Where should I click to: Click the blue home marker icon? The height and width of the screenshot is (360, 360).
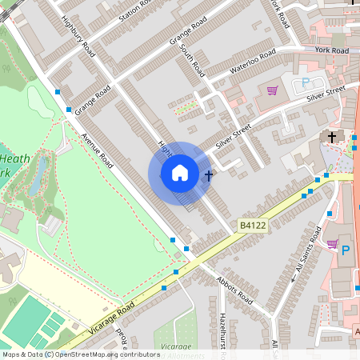[x=180, y=173]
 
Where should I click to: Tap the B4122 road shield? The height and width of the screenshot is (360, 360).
[x=251, y=228]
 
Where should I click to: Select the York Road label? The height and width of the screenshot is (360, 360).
[x=331, y=50]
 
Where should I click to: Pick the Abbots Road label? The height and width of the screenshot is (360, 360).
[x=234, y=291]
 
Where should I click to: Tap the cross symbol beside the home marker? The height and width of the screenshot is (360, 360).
[x=209, y=174]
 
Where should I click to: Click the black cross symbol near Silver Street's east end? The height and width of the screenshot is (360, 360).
[x=332, y=137]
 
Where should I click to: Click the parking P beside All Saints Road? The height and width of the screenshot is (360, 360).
[x=346, y=250]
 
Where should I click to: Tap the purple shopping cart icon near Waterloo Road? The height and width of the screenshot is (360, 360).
[x=272, y=91]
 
